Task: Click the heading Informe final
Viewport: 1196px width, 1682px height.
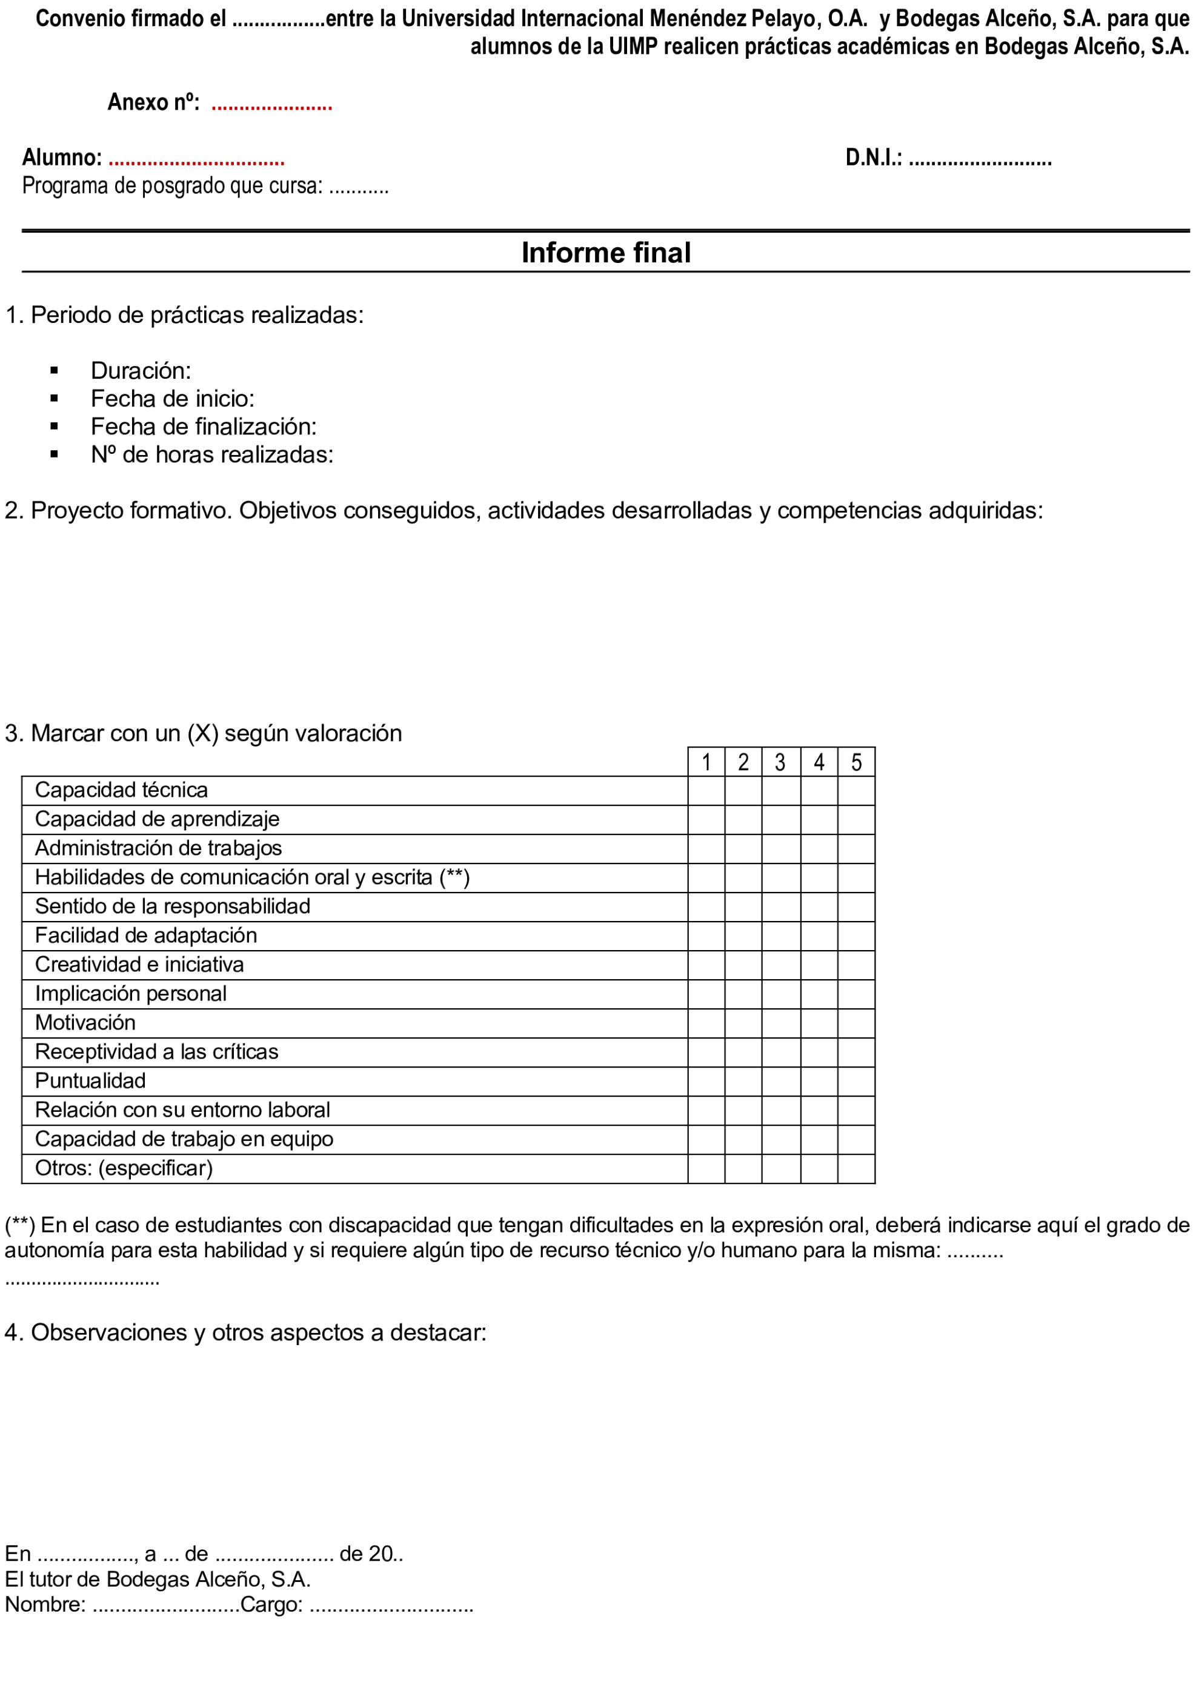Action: [x=605, y=253]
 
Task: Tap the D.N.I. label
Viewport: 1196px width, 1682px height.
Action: [x=874, y=158]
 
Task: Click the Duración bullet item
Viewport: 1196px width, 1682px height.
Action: [x=141, y=370]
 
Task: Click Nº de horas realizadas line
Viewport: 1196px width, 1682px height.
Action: [x=212, y=454]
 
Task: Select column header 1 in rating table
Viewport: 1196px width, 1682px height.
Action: [x=706, y=762]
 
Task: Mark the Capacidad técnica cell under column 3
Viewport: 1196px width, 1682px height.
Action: [x=780, y=790]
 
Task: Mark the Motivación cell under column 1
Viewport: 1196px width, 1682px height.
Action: [x=706, y=1023]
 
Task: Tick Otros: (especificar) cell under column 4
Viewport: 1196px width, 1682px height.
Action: [x=819, y=1169]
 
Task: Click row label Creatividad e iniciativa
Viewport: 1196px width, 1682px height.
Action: [x=139, y=965]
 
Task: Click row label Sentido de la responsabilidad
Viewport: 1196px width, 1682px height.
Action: [x=172, y=906]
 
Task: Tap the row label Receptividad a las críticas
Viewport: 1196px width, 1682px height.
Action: [x=156, y=1052]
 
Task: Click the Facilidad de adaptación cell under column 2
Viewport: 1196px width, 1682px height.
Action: [x=743, y=936]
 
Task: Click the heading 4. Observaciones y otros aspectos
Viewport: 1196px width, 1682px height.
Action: [x=245, y=1332]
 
